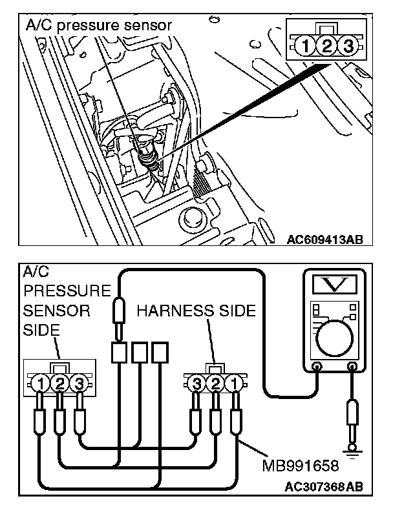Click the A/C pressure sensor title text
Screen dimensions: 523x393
(x=98, y=26)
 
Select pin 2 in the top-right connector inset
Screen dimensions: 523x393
(x=327, y=46)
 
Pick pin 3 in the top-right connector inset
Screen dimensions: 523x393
(x=348, y=46)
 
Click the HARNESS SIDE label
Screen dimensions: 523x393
(x=197, y=311)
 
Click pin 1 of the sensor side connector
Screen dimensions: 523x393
(x=42, y=384)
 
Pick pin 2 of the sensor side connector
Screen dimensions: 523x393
(x=59, y=384)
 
